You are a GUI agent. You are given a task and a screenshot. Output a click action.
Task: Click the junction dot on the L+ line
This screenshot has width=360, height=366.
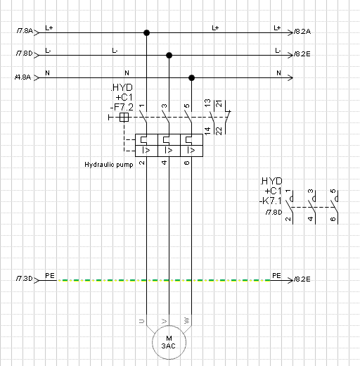coord(146,32)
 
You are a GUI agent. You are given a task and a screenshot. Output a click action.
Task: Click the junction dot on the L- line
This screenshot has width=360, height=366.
coord(169,55)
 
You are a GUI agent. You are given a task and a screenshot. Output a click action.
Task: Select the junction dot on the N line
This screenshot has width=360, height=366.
coord(191,77)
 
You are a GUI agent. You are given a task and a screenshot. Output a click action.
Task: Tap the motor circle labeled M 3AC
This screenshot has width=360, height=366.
coord(169,342)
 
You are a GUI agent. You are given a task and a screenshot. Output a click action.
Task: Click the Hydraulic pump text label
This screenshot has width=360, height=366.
coord(109,165)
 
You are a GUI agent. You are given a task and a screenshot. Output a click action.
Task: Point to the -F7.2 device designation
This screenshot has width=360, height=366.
coord(122,107)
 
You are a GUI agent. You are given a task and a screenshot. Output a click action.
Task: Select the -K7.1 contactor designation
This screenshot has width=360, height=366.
coord(271,201)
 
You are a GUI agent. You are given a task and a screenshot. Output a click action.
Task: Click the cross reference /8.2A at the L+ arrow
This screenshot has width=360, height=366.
coord(302,32)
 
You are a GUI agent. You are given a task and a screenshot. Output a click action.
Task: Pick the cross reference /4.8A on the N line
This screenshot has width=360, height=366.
coord(23,77)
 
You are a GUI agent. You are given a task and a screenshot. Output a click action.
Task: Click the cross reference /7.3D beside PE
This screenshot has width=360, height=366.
coord(24,279)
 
